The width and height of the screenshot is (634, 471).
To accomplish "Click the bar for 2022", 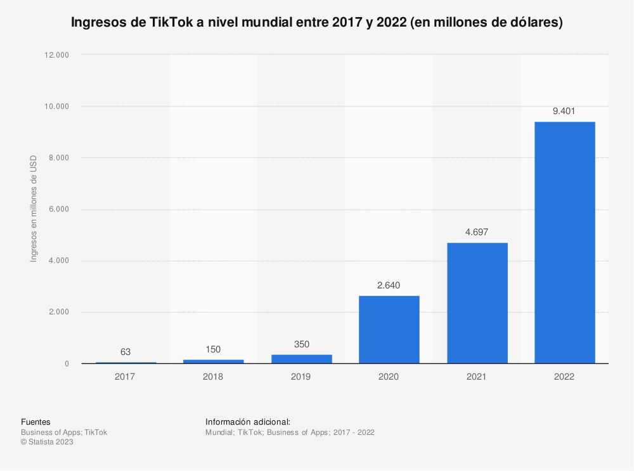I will click(564, 242).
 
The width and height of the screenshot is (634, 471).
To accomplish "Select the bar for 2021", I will click(477, 303).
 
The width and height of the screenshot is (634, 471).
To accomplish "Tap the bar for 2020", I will click(389, 330).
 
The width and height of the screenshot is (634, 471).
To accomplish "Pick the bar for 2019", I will click(301, 359).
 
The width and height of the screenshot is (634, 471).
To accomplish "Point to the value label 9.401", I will click(564, 111).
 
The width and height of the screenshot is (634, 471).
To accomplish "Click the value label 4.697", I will click(477, 232).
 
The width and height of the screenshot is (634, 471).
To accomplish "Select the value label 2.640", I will click(389, 285).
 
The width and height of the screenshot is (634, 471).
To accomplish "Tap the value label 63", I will click(126, 352).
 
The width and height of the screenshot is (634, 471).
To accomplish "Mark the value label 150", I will click(213, 349).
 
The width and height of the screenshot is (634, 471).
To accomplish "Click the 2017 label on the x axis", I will click(126, 377).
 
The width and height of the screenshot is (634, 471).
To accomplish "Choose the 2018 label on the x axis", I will click(213, 377).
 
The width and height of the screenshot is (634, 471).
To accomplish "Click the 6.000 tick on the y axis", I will click(59, 209).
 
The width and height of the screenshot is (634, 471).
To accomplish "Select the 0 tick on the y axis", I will click(67, 364).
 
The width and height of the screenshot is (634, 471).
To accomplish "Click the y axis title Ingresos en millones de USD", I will click(34, 209).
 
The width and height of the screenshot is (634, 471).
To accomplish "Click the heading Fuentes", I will click(36, 422).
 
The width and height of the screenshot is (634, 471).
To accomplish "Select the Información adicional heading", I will click(248, 422).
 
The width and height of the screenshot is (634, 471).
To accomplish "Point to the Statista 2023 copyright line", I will click(47, 442).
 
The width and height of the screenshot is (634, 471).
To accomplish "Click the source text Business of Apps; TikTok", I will click(64, 432).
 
